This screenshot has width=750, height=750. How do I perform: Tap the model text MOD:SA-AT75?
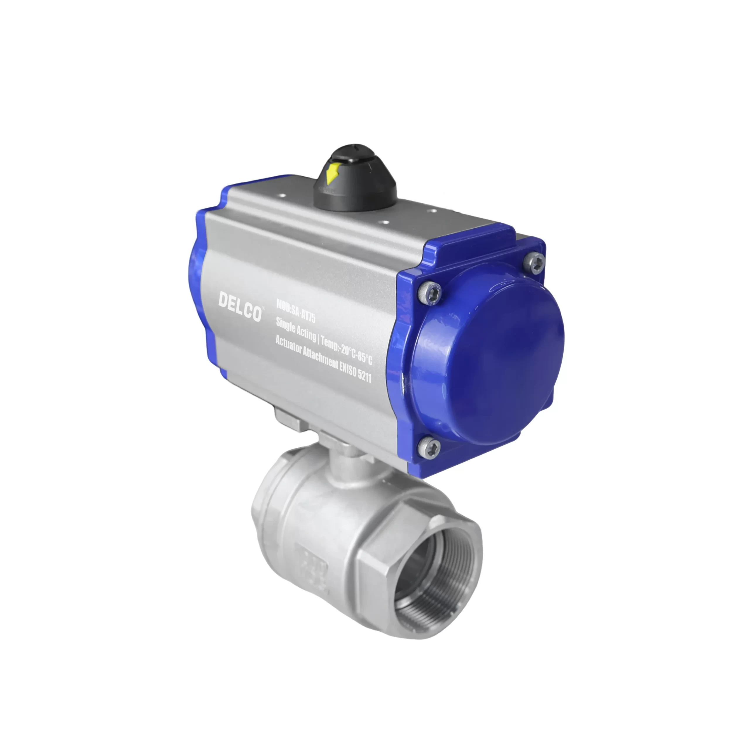[x=296, y=311]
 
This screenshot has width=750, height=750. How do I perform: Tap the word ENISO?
[x=348, y=369]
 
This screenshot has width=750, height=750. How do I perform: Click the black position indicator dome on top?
[x=355, y=179]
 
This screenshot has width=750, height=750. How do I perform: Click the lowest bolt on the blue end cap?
[x=429, y=448]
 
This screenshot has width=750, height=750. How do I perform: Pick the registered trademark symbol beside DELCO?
[x=264, y=308]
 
